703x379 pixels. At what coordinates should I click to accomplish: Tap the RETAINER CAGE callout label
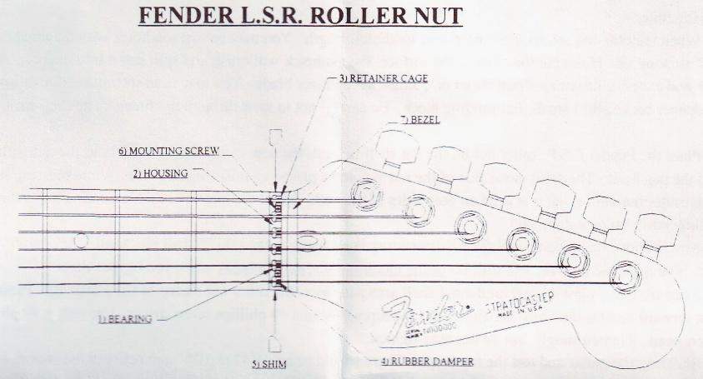coord(383,78)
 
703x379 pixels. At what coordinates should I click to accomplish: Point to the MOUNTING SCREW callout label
coord(168,151)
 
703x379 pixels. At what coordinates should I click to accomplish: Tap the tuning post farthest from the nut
coord(621,274)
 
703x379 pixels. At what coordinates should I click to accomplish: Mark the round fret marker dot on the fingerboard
coord(81,241)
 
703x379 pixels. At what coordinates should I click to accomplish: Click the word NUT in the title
coord(434,16)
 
